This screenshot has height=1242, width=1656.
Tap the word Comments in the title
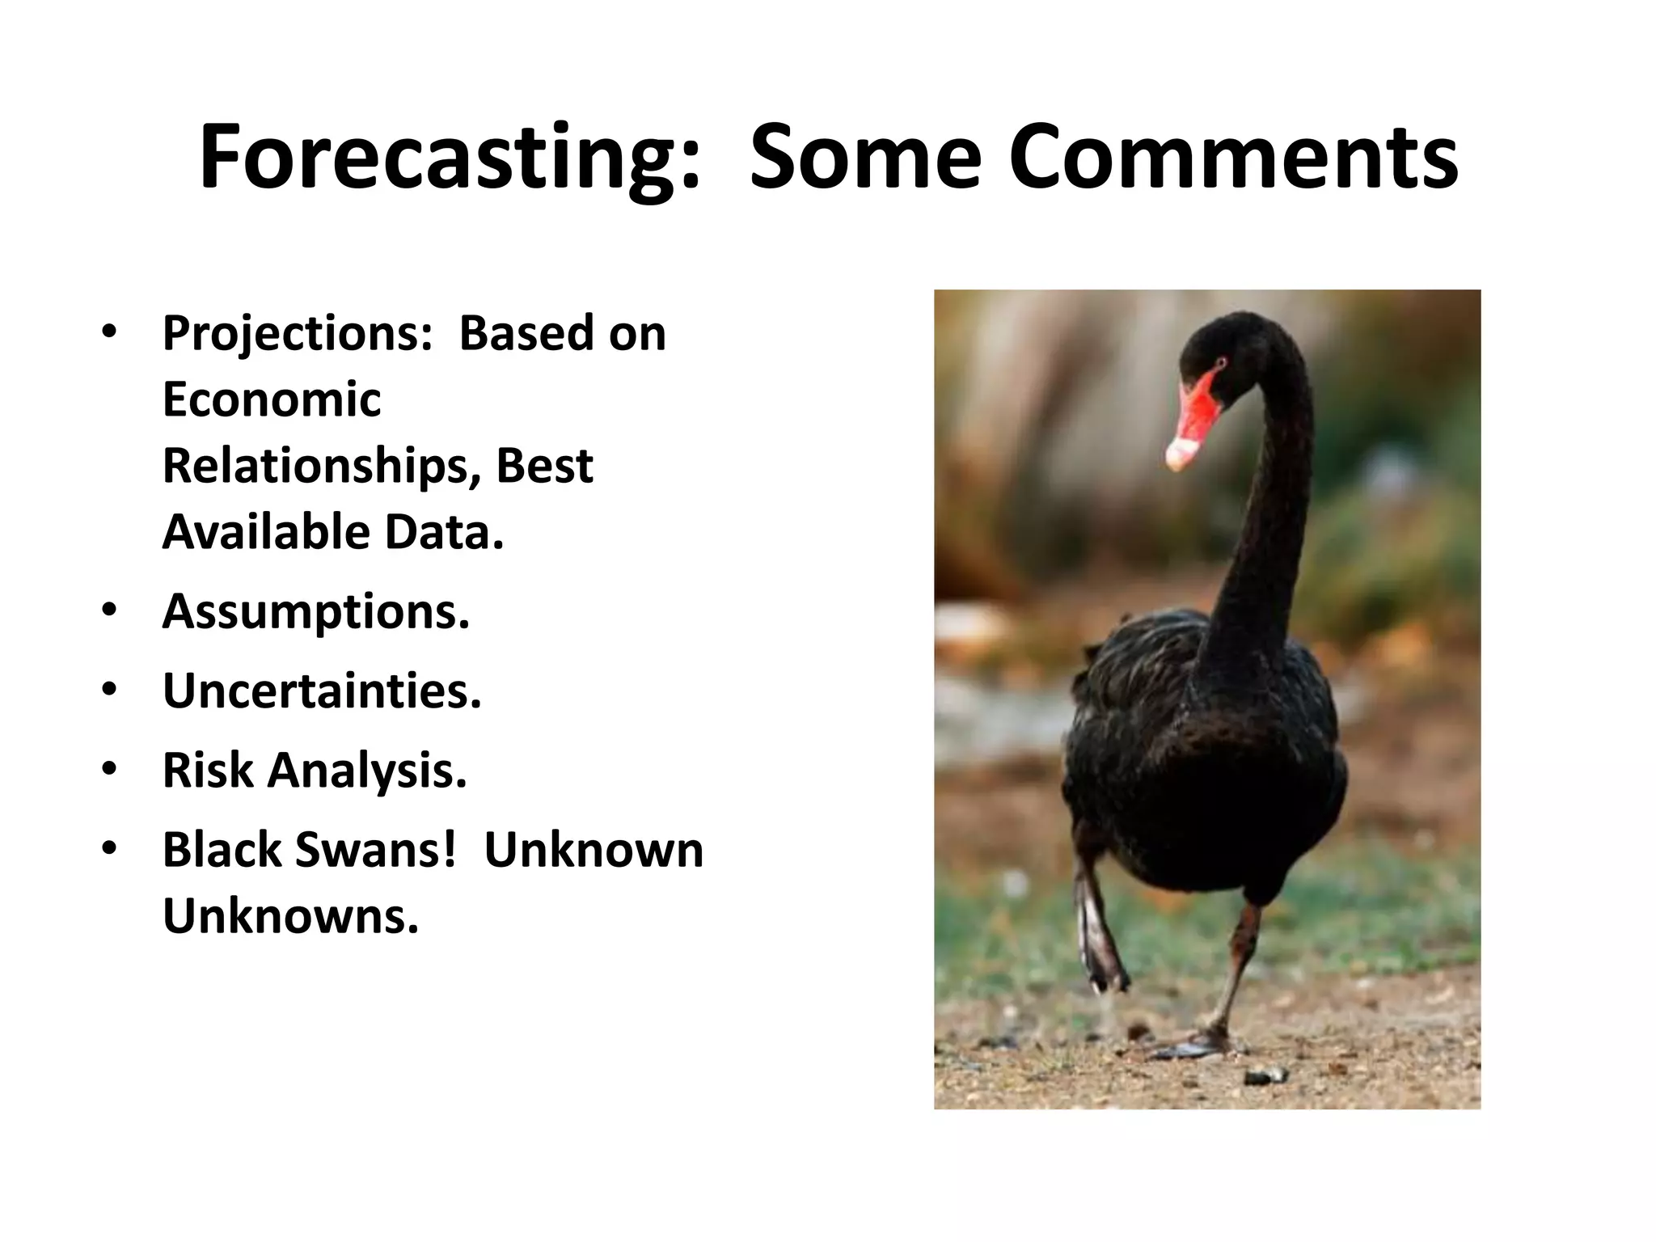(x=1233, y=158)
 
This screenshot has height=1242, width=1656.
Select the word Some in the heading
(x=865, y=158)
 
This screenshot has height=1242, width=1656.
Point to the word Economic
(x=271, y=399)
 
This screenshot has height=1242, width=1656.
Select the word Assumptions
(x=315, y=612)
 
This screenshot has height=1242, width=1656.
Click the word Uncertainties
(x=322, y=691)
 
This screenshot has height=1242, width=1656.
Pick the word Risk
(x=208, y=770)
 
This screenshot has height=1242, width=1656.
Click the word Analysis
(x=367, y=771)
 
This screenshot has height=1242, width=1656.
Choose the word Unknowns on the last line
(x=290, y=916)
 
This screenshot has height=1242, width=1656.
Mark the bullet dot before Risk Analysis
(x=110, y=770)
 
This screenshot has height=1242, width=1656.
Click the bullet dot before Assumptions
(x=110, y=611)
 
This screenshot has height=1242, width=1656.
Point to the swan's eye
(x=1219, y=362)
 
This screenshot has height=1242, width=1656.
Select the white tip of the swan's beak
(x=1179, y=454)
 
